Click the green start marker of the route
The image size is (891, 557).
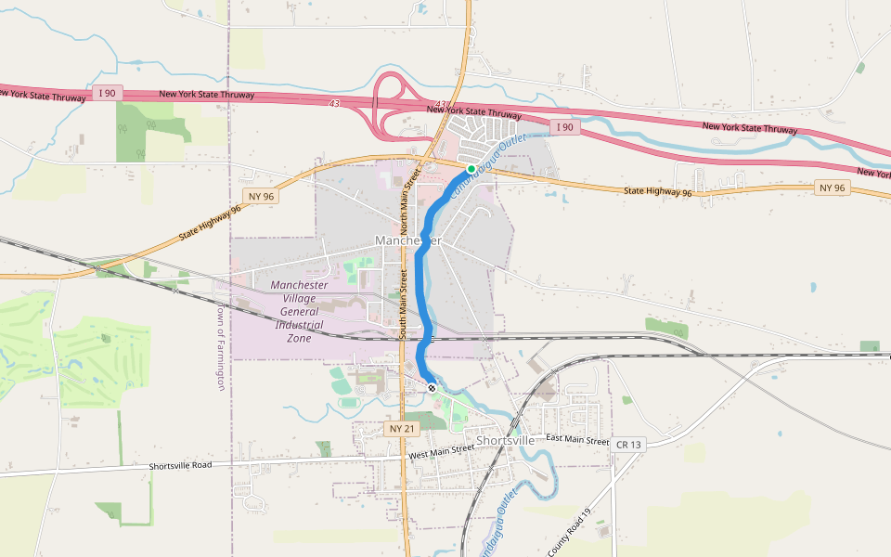point(471,169)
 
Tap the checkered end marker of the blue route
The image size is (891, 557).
point(432,387)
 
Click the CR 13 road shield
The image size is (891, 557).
point(627,446)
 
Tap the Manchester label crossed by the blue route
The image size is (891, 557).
point(408,240)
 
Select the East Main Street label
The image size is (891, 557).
point(577,440)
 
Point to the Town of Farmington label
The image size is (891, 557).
point(220,347)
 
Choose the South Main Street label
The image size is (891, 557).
point(404,304)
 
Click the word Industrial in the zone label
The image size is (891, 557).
point(299,325)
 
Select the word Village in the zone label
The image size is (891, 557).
point(298,299)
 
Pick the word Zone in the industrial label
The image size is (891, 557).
point(299,339)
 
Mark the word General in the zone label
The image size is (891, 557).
point(299,312)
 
